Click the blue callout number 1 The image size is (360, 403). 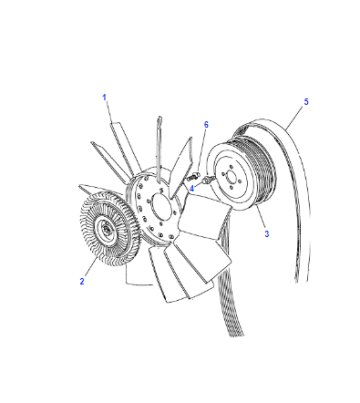pos(104,97)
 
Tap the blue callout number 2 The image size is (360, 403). pos(82,281)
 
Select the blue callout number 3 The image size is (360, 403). pos(267,234)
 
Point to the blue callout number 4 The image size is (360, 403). pos(192,189)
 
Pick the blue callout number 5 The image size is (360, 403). pos(306,102)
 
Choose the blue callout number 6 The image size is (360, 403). pos(206,125)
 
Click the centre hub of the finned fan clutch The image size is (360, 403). pos(106,229)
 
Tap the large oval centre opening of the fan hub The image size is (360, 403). pos(163,208)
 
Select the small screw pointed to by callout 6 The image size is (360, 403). pos(193,177)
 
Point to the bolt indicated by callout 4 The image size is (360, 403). pos(207,180)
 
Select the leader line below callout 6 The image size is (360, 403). pos(201,151)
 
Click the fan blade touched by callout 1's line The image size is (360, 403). pos(123,148)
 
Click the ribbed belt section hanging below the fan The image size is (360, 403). pos(229,293)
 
